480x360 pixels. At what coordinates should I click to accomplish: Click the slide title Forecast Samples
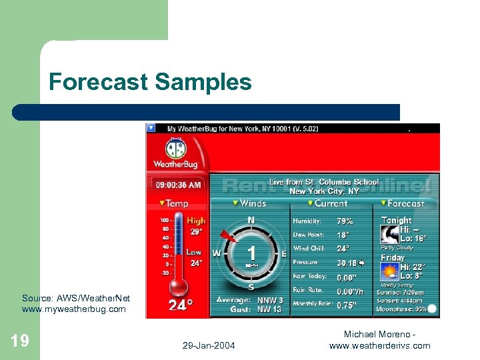coord(150,82)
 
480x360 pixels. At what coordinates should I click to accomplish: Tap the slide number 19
coord(20,341)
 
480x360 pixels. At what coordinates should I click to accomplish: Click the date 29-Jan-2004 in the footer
coord(207,345)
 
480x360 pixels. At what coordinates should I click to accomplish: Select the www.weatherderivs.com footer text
coord(379,345)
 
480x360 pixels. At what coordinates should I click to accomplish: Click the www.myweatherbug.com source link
coord(73,309)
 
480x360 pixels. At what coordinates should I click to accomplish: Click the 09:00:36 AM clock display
coord(178,184)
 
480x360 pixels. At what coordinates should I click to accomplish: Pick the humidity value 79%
coord(345,221)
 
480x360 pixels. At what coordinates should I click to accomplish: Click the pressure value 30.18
coord(346,263)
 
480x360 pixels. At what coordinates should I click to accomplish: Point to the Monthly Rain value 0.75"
coord(346,305)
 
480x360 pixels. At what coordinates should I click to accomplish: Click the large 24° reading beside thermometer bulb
coord(181,305)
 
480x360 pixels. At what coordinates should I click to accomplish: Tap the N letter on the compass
coord(251,220)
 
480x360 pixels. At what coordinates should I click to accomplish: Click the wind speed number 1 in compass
coord(251,254)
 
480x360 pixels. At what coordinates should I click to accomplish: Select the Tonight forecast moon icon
coord(389,234)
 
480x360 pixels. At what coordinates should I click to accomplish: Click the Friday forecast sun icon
coord(389,271)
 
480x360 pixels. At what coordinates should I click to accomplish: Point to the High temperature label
coord(196,221)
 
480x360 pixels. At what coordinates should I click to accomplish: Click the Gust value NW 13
coord(269,309)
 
